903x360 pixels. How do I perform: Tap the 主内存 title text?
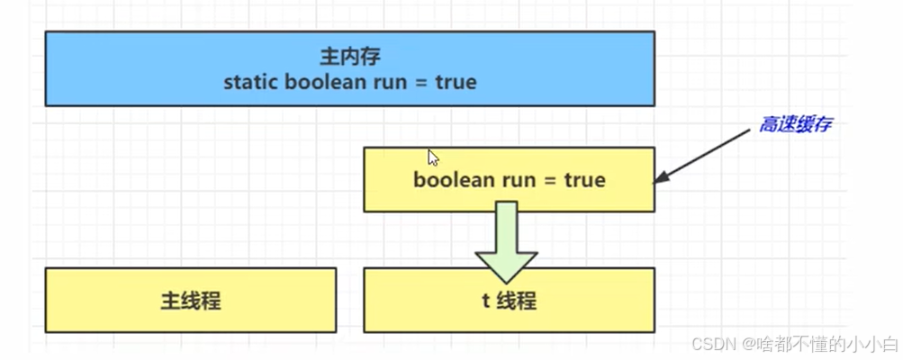coord(350,57)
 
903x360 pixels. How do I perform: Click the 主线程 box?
coord(190,301)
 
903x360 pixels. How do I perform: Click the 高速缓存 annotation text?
coord(794,125)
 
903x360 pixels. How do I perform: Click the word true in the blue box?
coord(456,83)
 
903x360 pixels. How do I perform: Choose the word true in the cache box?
coord(584,180)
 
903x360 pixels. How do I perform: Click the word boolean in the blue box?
coord(320,83)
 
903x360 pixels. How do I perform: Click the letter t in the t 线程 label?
coord(485,301)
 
